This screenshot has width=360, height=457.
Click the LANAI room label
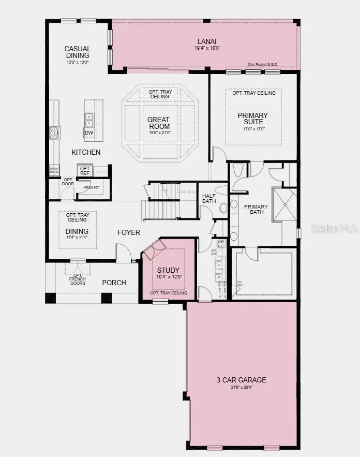tap(206, 41)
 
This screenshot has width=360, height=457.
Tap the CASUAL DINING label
tap(78, 52)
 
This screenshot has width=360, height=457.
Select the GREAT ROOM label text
tap(159, 123)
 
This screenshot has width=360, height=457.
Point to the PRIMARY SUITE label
tap(253, 119)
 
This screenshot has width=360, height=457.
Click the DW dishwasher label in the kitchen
tap(89, 133)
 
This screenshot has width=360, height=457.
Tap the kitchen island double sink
tap(89, 120)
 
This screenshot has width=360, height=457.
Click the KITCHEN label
tap(86, 152)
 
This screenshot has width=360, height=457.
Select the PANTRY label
tap(91, 187)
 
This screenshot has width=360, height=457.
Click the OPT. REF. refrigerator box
tap(85, 171)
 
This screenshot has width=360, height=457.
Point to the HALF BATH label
tap(209, 198)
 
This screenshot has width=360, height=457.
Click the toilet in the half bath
tap(223, 208)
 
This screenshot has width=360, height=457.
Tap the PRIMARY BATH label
tap(254, 209)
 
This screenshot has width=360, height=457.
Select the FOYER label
tap(128, 232)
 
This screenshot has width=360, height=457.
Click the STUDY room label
tap(169, 270)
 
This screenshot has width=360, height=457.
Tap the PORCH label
tap(114, 283)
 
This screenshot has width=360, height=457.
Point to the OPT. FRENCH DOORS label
tap(77, 280)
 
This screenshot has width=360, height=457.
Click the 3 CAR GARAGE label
tap(241, 380)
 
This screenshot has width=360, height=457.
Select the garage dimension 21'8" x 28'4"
tap(241, 387)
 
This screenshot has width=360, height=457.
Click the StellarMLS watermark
tap(335, 228)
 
